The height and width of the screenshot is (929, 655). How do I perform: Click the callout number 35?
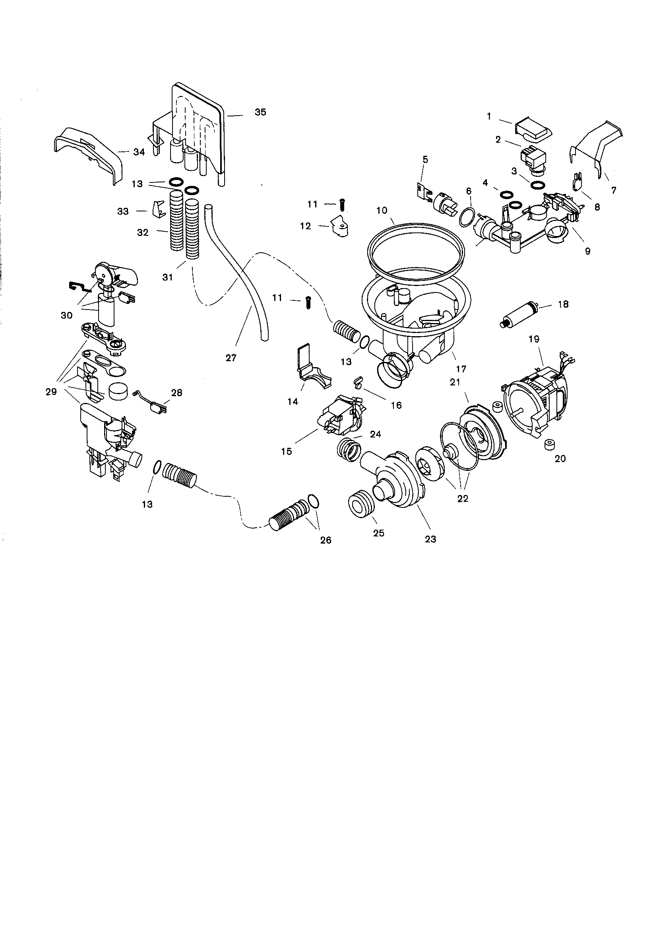tap(260, 112)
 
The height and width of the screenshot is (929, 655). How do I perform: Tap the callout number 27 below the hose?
tap(231, 358)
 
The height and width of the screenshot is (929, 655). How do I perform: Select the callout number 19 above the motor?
tap(534, 339)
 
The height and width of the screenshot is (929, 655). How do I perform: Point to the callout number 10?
tap(381, 211)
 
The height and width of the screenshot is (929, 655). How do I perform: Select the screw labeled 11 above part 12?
tap(343, 205)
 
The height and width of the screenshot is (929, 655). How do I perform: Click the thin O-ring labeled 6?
tap(467, 216)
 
